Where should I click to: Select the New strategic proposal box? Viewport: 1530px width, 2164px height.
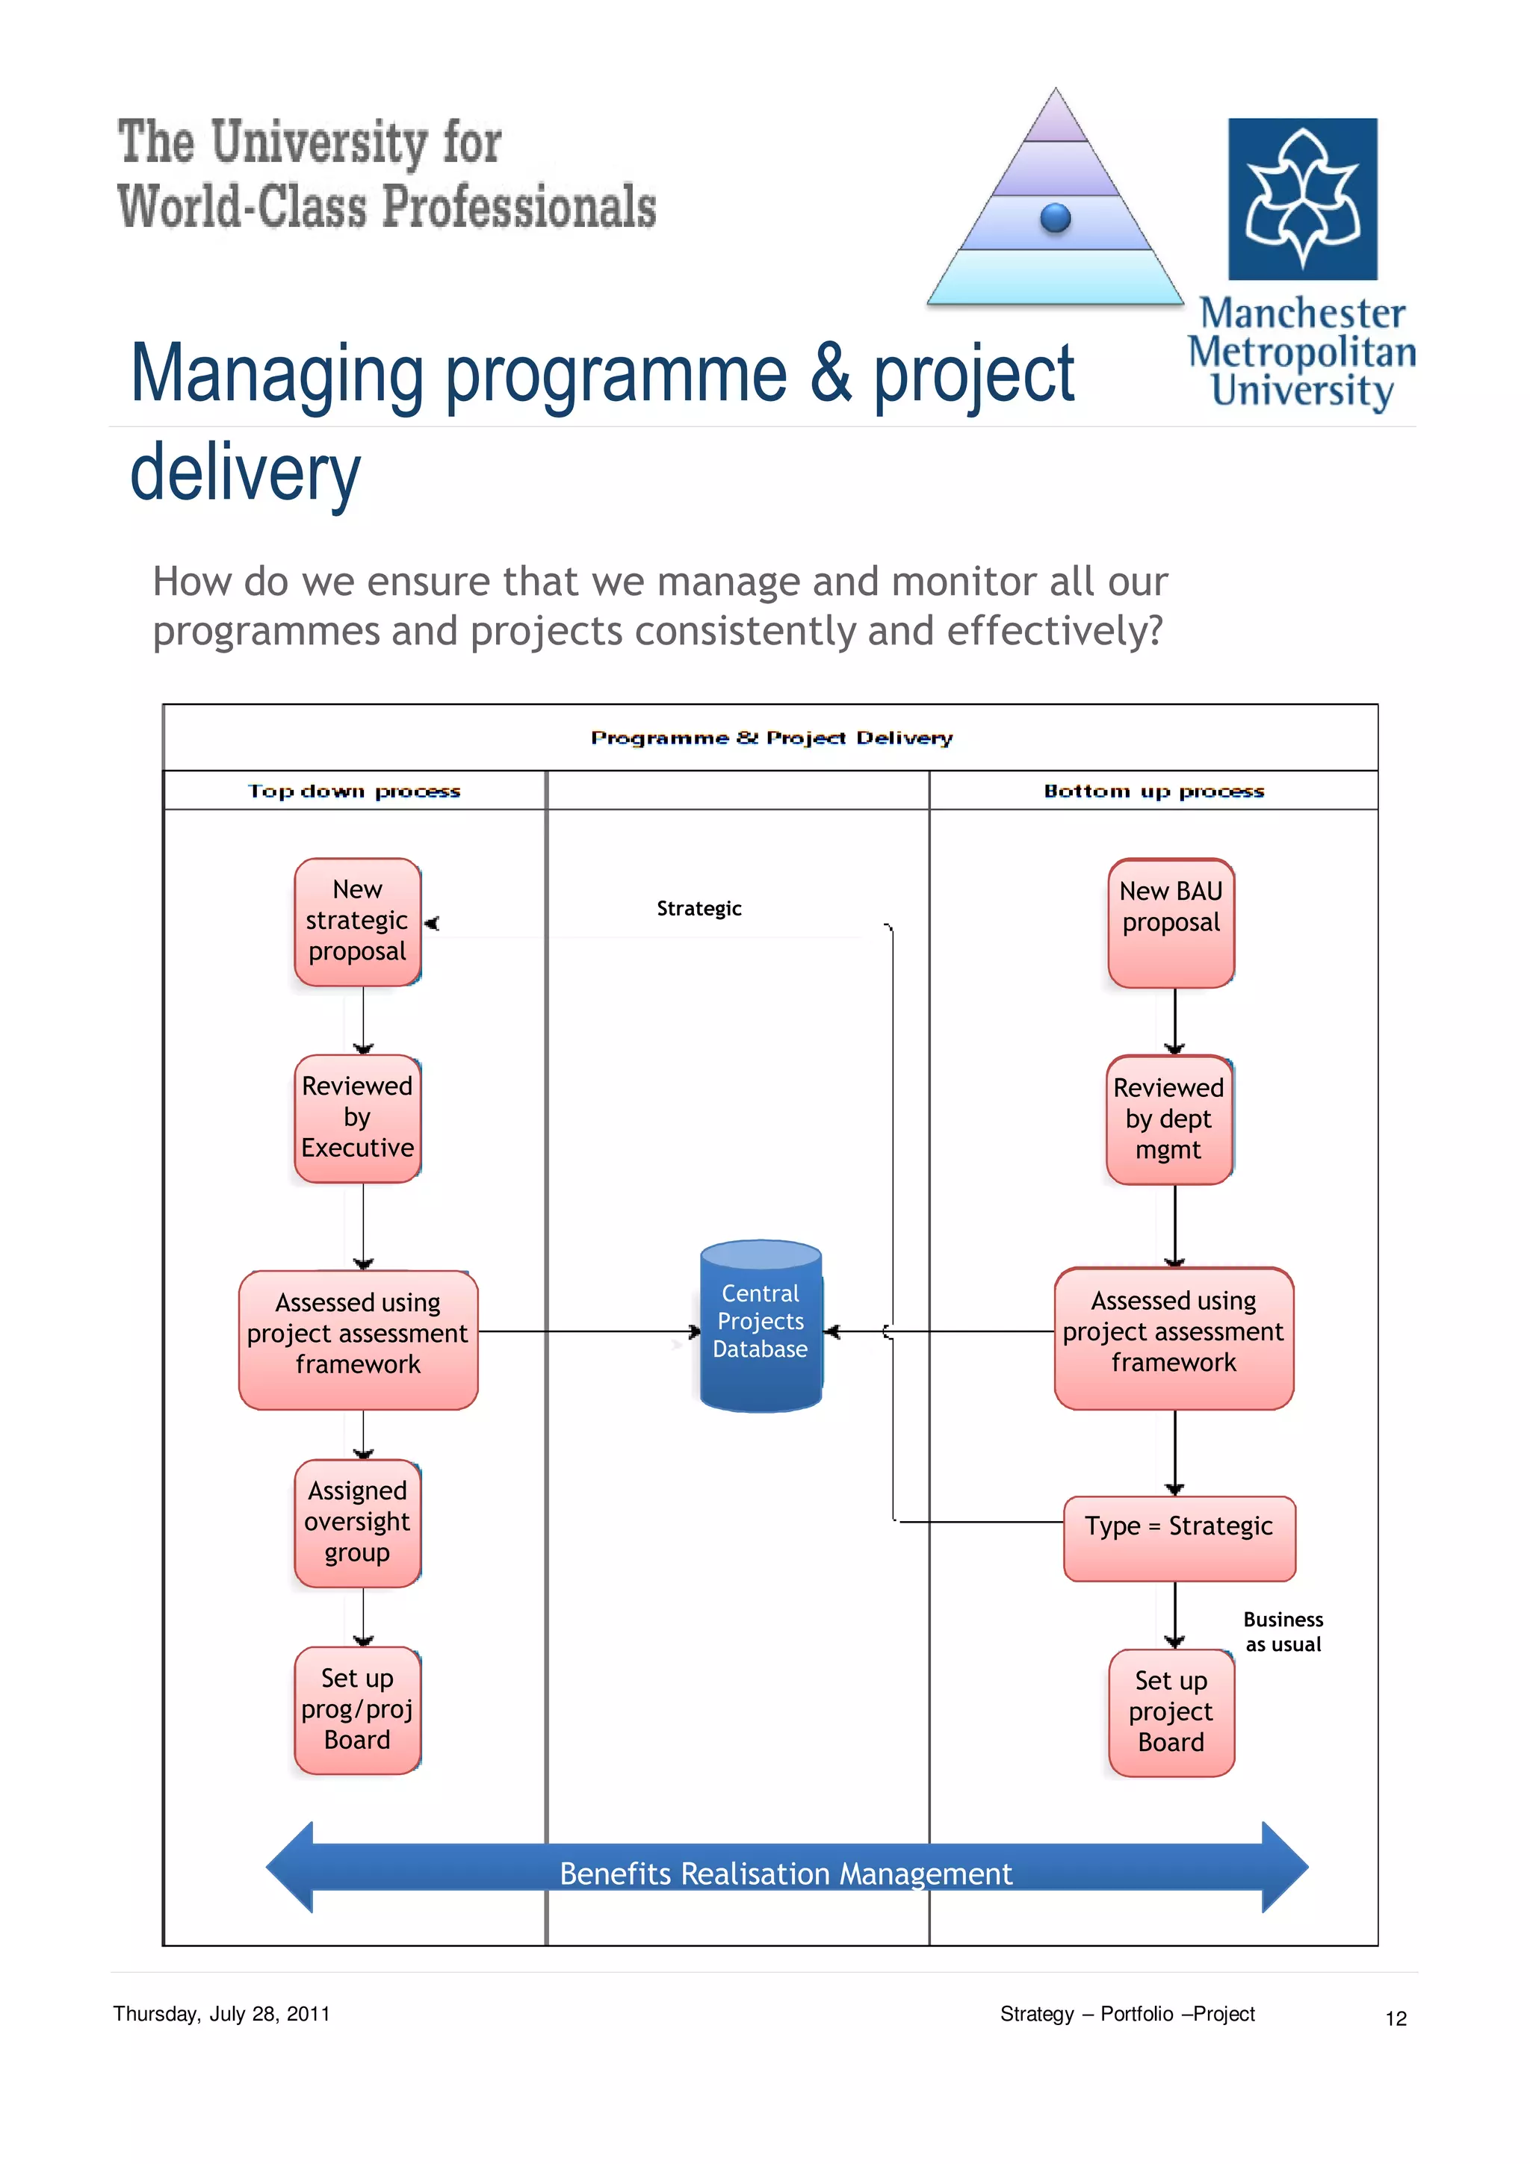click(357, 921)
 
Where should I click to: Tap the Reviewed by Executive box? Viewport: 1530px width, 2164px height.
click(357, 1118)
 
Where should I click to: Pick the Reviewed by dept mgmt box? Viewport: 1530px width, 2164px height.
click(1169, 1119)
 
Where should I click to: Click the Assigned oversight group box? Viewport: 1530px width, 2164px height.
click(357, 1522)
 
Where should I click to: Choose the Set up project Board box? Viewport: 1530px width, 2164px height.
click(1171, 1711)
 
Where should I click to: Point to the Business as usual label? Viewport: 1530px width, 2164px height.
click(1283, 1632)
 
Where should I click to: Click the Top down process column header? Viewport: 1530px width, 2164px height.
click(354, 791)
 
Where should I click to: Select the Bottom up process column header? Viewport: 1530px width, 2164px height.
click(1154, 791)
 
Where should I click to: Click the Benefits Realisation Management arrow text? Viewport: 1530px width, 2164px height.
click(785, 1873)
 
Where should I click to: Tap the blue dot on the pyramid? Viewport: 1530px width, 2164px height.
click(1055, 218)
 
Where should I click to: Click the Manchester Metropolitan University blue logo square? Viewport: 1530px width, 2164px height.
click(1302, 199)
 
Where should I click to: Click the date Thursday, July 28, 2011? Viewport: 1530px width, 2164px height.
click(222, 2014)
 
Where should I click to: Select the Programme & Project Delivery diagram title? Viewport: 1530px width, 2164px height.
click(771, 738)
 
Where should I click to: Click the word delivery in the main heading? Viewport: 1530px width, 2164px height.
click(245, 474)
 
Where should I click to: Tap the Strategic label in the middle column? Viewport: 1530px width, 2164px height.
click(699, 909)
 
